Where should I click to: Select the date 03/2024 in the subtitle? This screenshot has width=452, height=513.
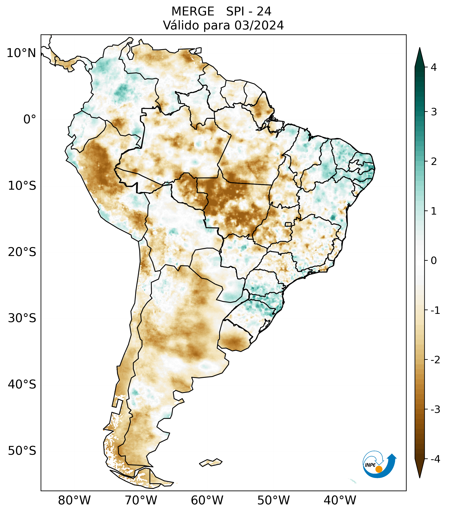tap(259, 25)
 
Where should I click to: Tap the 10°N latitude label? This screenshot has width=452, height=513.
tap(21, 53)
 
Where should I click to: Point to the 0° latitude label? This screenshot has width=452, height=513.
tap(30, 119)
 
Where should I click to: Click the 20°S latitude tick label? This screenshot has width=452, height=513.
tap(22, 252)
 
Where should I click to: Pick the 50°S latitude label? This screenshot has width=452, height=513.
tap(22, 451)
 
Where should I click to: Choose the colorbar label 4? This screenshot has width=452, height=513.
tap(434, 67)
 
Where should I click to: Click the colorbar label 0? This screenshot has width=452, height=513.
tap(434, 261)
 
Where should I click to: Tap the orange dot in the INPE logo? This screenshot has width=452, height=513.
tap(379, 469)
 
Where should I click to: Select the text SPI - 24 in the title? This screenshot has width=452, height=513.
tap(249, 12)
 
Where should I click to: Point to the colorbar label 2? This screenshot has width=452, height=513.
tap(434, 162)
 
